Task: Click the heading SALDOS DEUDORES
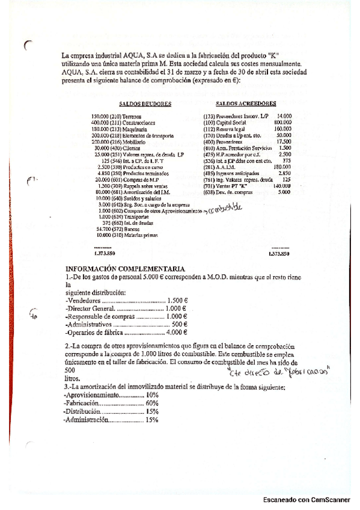[x=145, y=104]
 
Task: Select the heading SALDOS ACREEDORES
[x=246, y=103]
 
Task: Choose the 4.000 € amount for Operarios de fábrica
[x=177, y=332]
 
